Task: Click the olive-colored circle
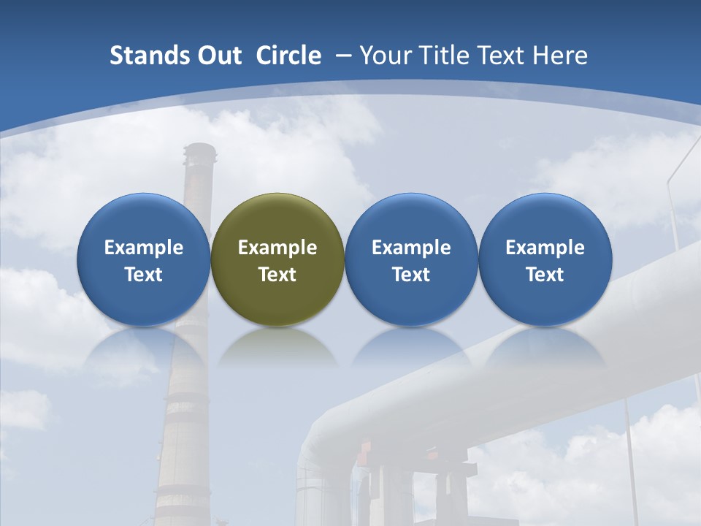[277, 259]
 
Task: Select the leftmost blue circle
[143, 259]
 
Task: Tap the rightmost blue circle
[545, 259]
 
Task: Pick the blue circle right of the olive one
[411, 259]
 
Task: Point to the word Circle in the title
[288, 56]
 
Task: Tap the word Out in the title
[218, 56]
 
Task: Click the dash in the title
[342, 56]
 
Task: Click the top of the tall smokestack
[199, 151]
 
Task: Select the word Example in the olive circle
[277, 248]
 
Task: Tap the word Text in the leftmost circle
[143, 275]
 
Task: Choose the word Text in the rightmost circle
[545, 275]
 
